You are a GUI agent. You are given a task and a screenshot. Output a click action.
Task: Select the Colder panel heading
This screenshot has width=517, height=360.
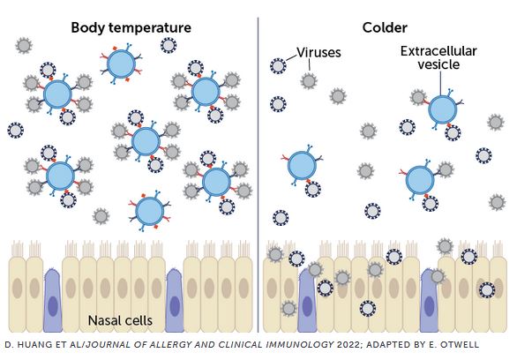(x=385, y=27)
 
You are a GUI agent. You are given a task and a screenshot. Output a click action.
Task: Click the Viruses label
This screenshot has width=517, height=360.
(x=318, y=52)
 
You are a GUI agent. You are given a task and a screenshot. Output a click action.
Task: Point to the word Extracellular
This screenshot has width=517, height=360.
(x=438, y=51)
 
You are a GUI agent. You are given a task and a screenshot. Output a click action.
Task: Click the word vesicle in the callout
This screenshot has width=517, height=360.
(x=438, y=64)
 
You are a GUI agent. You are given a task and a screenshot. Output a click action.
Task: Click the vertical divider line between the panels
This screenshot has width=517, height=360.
(x=258, y=175)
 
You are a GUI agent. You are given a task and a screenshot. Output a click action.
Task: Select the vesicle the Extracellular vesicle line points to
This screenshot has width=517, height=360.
(x=443, y=109)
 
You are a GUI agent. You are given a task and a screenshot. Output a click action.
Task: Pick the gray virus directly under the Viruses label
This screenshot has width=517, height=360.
(x=309, y=81)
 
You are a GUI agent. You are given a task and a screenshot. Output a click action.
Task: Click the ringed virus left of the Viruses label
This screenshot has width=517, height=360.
(x=278, y=66)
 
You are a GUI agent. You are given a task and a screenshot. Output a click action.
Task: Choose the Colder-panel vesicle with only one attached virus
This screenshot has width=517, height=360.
(x=302, y=166)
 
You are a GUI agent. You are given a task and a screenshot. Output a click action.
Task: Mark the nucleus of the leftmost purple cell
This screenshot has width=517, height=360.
(x=53, y=306)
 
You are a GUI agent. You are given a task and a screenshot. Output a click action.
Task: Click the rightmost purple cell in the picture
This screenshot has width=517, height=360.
(x=429, y=300)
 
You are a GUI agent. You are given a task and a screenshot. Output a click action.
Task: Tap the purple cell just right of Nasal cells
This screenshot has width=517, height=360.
(x=175, y=300)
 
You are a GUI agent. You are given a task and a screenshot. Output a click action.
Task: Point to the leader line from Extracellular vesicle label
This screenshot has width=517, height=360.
(x=441, y=83)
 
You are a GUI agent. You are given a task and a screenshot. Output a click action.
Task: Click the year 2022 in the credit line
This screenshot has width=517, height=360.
(x=348, y=345)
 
